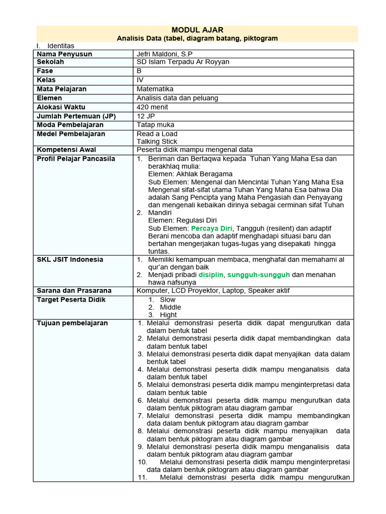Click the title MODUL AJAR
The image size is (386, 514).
click(197, 30)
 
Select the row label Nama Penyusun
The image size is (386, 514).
click(64, 54)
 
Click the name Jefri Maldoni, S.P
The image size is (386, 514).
click(165, 54)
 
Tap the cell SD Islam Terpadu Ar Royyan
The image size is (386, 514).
click(182, 62)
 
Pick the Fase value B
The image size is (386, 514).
click(139, 71)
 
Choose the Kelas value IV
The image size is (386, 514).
click(140, 80)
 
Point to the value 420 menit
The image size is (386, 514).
click(152, 107)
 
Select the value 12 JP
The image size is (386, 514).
click(145, 116)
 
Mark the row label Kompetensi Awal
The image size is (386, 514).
click(66, 150)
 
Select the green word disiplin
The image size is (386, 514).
click(211, 275)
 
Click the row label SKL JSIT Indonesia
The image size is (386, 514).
click(70, 260)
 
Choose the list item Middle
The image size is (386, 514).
click(170, 307)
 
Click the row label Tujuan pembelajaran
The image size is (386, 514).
click(72, 323)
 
